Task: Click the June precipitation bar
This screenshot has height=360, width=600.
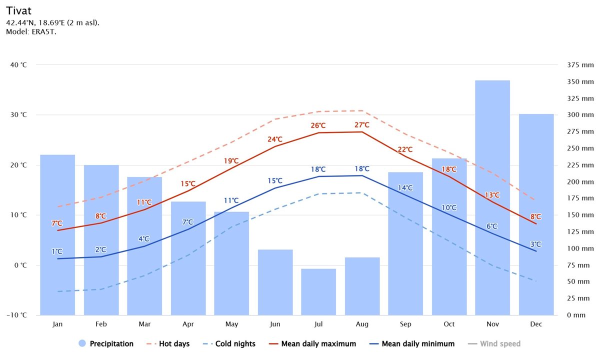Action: pos(275,282)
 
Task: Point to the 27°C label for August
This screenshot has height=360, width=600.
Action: pos(362,125)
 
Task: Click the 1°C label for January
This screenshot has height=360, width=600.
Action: pos(57,251)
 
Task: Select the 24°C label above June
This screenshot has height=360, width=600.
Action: pos(274,139)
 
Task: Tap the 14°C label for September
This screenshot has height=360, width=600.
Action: pos(405,188)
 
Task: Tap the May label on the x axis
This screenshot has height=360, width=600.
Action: pos(231,324)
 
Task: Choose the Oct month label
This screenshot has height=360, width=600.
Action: pos(449,324)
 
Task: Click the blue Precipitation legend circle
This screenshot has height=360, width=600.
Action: pos(82,343)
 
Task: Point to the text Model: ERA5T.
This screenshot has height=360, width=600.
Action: pos(31,32)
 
